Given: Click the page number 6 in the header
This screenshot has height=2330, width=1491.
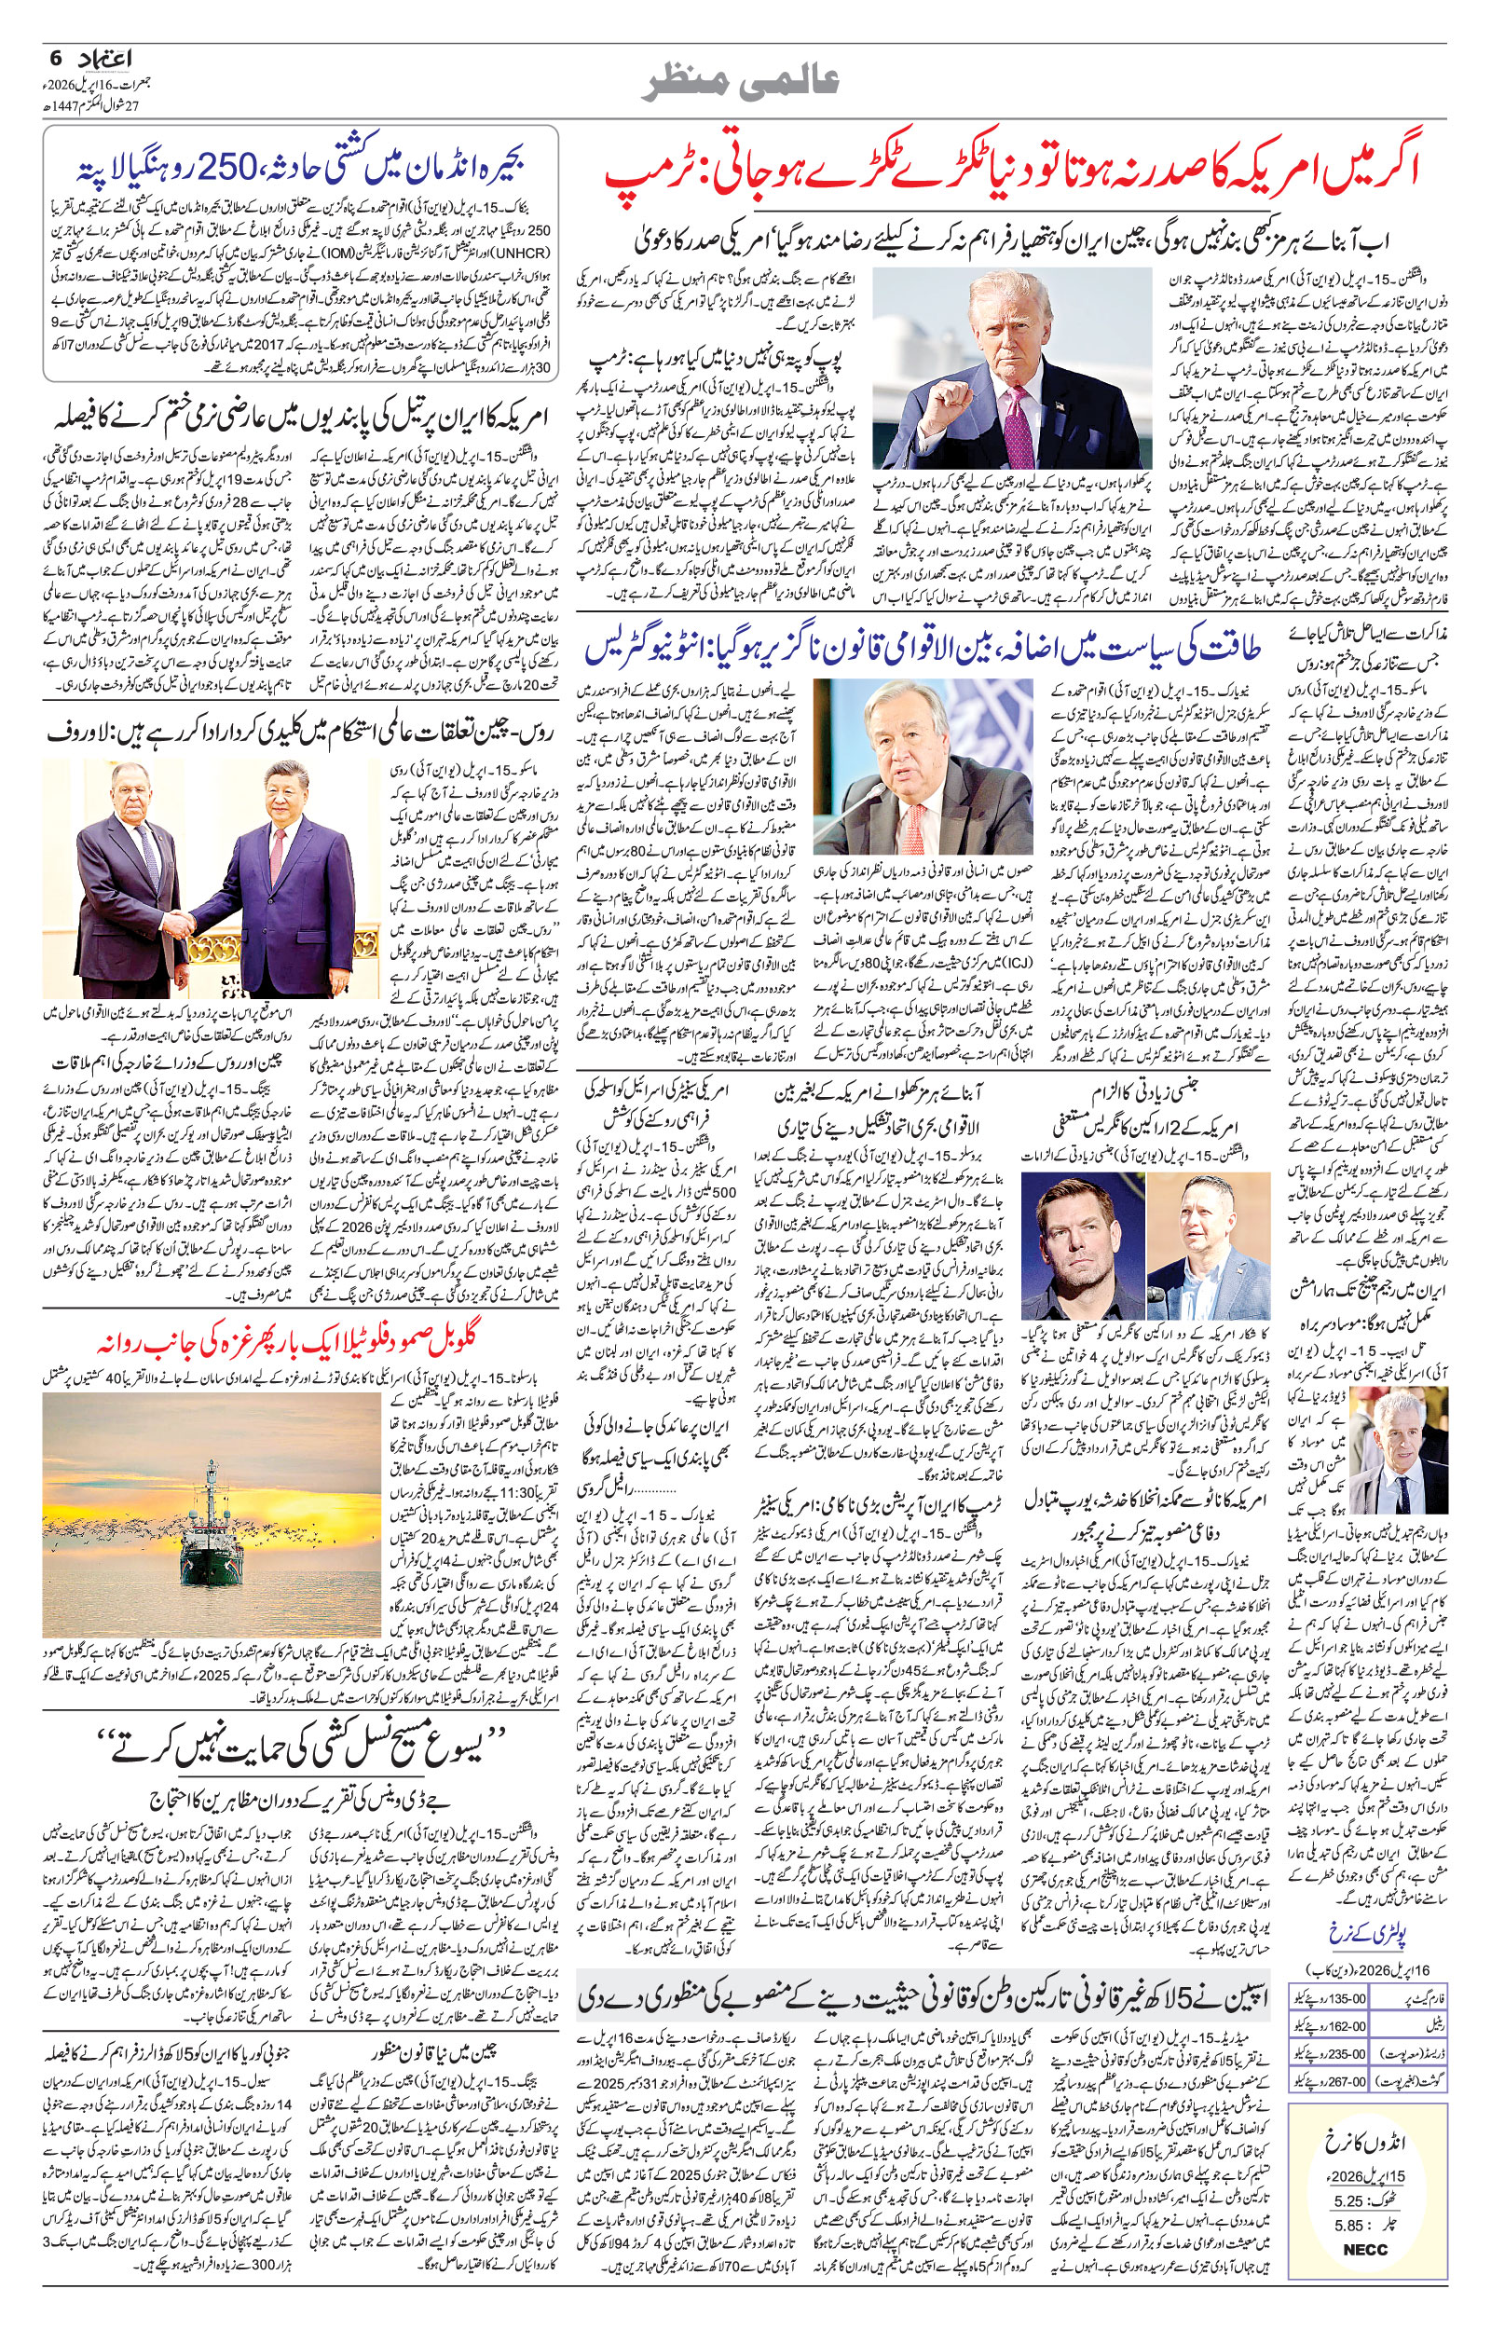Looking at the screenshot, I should click(x=54, y=59).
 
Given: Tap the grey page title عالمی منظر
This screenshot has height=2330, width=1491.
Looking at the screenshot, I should click(x=745, y=82).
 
